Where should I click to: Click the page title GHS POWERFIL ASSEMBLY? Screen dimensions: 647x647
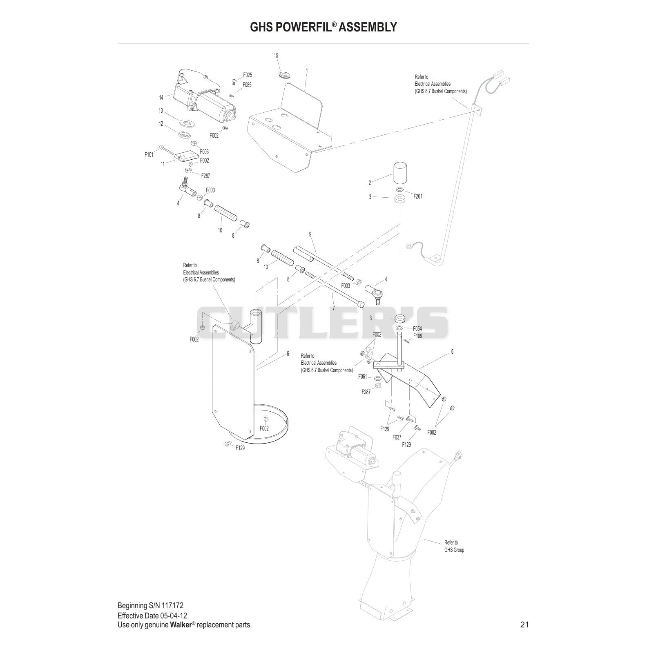pos(323,27)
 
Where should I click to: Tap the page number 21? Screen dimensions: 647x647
pos(524,625)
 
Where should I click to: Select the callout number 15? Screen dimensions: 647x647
pos(276,55)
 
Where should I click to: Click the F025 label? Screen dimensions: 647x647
pos(248,75)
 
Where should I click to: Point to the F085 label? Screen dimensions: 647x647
pos(247,85)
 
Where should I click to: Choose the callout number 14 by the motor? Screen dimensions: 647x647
pos(161,97)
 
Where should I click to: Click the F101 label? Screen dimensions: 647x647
pos(149,155)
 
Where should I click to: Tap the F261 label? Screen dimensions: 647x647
pos(417,196)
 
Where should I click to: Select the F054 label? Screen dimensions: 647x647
pos(417,328)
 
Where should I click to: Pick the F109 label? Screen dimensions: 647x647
pos(417,336)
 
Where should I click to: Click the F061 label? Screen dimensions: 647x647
pos(362,377)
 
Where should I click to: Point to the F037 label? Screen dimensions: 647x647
pos(397,437)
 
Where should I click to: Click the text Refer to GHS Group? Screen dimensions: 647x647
pos(454,546)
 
